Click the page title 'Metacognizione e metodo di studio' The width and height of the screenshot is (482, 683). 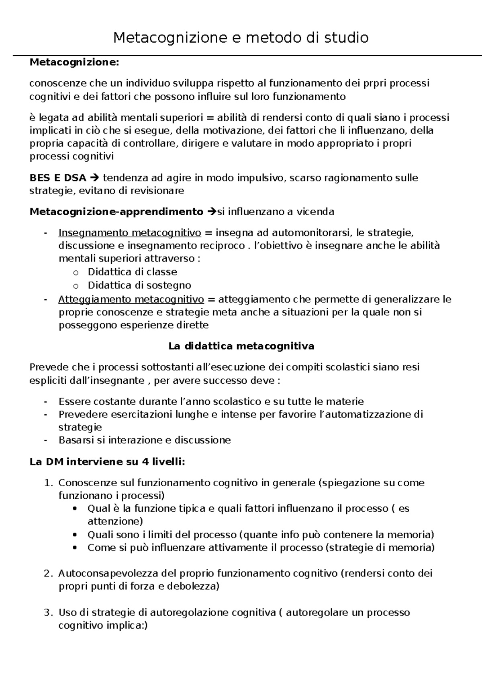click(241, 38)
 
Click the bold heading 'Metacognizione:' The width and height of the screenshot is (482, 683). click(74, 62)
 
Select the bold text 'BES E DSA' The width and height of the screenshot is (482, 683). click(58, 178)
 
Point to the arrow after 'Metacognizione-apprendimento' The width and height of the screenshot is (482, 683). click(212, 212)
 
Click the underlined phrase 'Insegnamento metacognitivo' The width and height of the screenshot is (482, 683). click(130, 233)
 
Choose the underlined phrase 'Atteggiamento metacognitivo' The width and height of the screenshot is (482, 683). click(131, 300)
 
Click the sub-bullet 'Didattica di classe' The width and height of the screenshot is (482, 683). click(133, 272)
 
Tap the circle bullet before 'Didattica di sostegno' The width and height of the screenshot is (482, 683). click(75, 286)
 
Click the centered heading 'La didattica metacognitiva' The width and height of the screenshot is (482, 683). click(241, 346)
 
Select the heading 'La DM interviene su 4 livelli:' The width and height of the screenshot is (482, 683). click(107, 462)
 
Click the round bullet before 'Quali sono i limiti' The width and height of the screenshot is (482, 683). click(75, 535)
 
